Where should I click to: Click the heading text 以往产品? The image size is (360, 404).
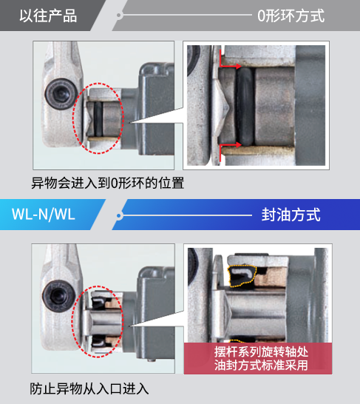[x=48, y=16]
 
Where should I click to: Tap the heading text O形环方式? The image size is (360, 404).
[x=291, y=16]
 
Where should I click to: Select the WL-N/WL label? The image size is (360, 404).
[x=43, y=214]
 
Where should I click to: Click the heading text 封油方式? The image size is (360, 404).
[x=291, y=215]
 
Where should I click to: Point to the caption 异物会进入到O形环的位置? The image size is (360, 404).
[x=108, y=183]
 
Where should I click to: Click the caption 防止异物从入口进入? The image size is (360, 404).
[x=89, y=388]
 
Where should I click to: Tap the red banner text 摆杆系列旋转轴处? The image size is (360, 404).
[x=261, y=352]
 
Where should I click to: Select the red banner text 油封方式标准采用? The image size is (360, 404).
[x=261, y=365]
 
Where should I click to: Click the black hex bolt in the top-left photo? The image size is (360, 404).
[x=61, y=93]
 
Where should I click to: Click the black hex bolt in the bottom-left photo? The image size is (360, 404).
[x=59, y=296]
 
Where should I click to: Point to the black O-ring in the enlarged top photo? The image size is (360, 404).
[x=245, y=106]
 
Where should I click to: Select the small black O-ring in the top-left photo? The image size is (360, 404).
[x=98, y=119]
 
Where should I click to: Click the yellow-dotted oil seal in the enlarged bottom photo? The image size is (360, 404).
[x=242, y=276]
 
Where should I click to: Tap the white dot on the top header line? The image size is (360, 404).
[x=119, y=16]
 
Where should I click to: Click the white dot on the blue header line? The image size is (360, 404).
[x=119, y=215]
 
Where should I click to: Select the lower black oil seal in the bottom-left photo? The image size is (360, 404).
[x=99, y=341]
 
